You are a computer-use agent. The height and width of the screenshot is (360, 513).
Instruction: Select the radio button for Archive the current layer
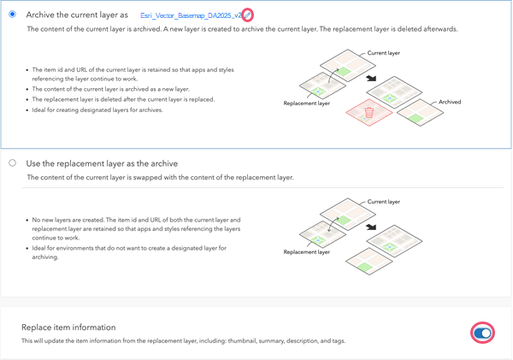pos(12,15)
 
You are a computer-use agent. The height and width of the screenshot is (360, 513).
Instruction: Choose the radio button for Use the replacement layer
pos(12,162)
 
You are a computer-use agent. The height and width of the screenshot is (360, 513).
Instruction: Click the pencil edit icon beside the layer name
pos(247,15)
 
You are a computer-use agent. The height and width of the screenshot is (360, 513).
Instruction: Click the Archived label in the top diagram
pos(449,102)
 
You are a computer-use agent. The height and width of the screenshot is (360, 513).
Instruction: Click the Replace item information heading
pos(68,328)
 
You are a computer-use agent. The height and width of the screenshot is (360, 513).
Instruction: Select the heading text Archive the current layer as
pos(77,15)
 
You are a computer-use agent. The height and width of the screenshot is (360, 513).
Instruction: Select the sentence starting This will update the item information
pos(183,341)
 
